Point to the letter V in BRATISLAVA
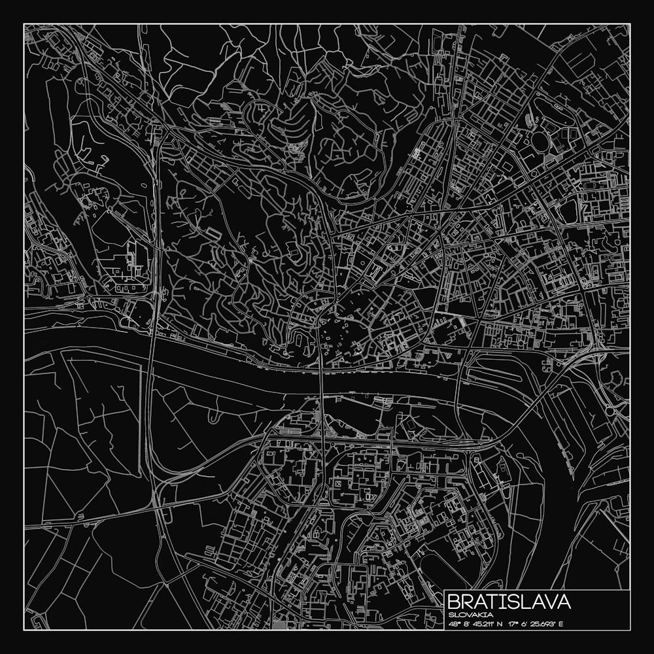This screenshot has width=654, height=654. [547, 602]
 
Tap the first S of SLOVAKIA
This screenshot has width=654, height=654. [451, 615]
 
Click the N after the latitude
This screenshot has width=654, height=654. [500, 623]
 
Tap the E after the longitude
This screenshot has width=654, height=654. [560, 623]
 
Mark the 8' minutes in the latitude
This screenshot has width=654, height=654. [467, 623]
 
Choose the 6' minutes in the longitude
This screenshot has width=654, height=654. [526, 623]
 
